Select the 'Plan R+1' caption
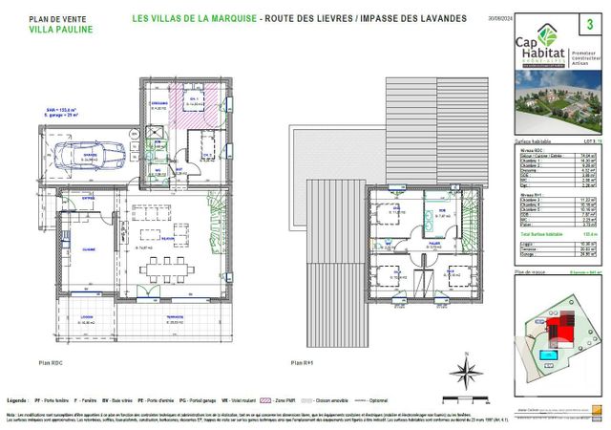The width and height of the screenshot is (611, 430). (304, 364)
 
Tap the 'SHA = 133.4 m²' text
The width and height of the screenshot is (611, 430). (64, 110)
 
